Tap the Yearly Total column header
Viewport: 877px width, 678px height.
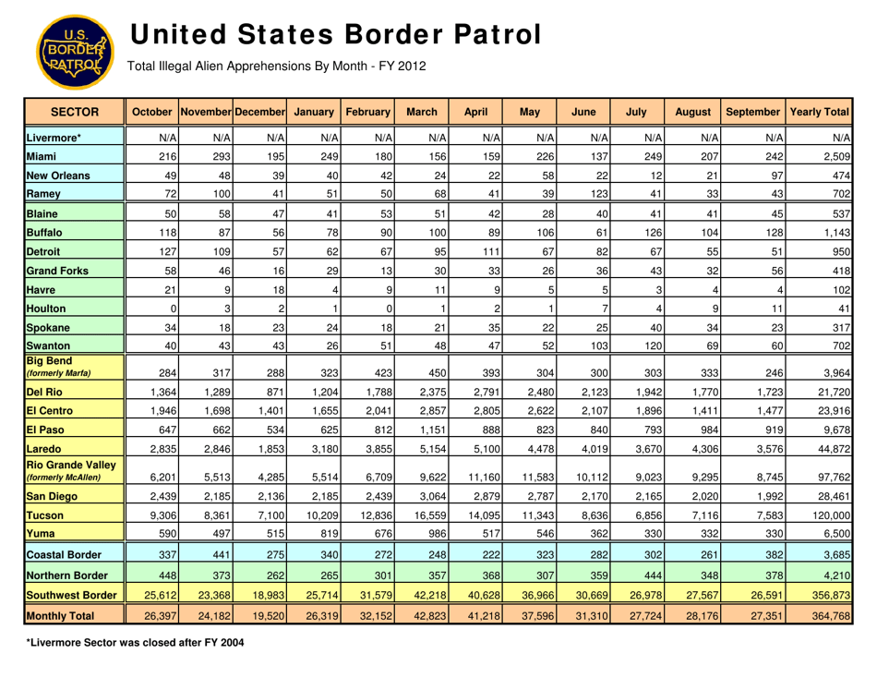(818, 108)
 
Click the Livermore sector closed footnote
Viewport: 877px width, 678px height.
(129, 642)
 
